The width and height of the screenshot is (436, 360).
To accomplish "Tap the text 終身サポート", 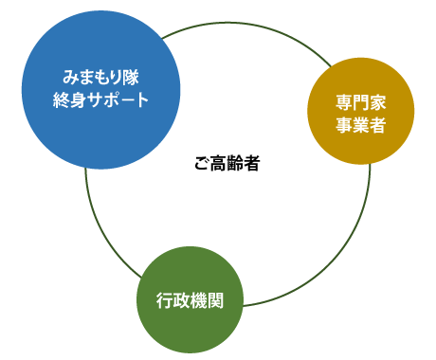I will pos(100,100).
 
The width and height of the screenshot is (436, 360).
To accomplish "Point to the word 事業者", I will pos(360,125).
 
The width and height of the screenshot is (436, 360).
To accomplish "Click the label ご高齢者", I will pos(228,164).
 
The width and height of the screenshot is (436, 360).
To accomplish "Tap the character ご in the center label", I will pos(201,164).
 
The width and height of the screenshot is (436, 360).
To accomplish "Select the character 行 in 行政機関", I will pos(165,301).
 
